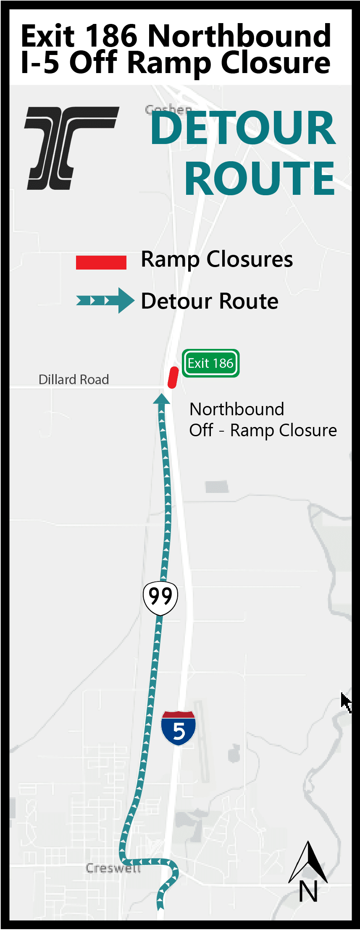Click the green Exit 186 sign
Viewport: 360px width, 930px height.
(x=210, y=363)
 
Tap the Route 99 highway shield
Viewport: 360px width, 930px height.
(x=160, y=597)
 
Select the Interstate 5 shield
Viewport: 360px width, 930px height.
(x=179, y=728)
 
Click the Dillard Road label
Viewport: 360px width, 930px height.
(x=74, y=380)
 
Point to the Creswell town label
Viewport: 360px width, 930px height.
(x=113, y=868)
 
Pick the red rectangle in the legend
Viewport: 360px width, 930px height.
(x=101, y=262)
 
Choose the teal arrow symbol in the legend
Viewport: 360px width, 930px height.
(x=105, y=301)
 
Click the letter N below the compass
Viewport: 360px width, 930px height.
(x=308, y=891)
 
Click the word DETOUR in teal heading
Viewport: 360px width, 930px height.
(x=243, y=128)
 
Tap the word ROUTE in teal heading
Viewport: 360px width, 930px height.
(x=260, y=178)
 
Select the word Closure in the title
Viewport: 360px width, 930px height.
(x=276, y=63)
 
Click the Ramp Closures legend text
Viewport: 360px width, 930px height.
(x=217, y=259)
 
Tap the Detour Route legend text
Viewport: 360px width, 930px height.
(x=210, y=301)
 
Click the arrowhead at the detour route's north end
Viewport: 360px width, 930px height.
(x=161, y=398)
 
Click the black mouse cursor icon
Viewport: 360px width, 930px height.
(x=346, y=702)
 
